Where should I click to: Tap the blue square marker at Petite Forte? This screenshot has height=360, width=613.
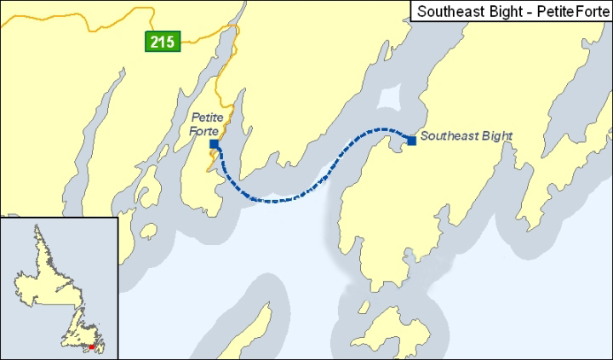tap(214, 145)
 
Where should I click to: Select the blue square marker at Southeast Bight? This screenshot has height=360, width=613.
tap(411, 140)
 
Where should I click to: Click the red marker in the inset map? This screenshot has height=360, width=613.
tap(92, 347)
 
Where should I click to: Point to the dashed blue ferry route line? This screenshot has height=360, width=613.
tap(281, 200)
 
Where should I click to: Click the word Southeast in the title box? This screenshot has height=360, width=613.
tap(448, 11)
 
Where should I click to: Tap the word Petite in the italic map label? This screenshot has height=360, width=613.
tap(206, 117)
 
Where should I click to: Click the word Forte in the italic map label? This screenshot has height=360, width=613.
tap(205, 130)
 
